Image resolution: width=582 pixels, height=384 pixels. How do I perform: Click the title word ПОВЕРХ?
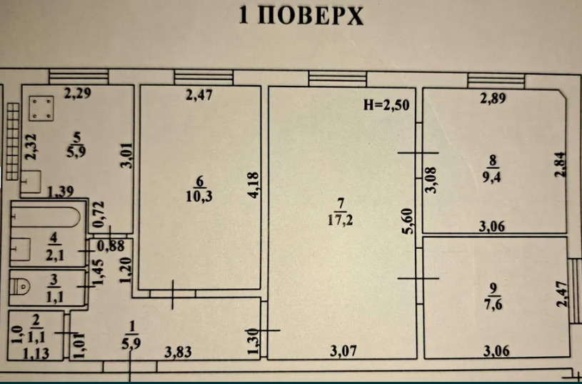point(311,16)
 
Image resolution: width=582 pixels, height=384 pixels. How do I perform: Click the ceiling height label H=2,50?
point(386,105)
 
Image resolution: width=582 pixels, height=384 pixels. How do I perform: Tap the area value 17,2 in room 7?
point(341,220)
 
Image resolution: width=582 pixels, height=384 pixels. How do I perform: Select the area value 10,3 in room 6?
point(199,196)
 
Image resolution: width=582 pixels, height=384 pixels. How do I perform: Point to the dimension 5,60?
point(407,221)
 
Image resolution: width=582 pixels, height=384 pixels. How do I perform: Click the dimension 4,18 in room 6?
point(254,184)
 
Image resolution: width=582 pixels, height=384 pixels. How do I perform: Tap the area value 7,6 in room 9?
point(493,305)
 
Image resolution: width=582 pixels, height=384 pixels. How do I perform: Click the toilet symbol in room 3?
point(21,286)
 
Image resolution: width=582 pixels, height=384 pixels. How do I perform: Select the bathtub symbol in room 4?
point(45,217)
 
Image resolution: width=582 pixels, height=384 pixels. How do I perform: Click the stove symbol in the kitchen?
point(41,109)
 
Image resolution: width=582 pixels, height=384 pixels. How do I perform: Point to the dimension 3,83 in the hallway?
point(179,352)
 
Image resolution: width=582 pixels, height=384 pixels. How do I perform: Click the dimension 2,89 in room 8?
point(493,99)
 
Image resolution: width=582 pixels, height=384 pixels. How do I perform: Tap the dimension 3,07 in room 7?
point(343,351)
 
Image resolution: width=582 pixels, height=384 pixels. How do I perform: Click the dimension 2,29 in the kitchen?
point(78,93)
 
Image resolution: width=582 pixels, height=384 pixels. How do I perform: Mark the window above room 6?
point(204,78)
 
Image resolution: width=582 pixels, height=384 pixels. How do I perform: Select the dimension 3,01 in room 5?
point(127,156)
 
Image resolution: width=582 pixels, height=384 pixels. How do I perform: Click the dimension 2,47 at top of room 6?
point(199,95)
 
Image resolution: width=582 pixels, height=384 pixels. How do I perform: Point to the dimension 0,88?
point(110,247)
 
